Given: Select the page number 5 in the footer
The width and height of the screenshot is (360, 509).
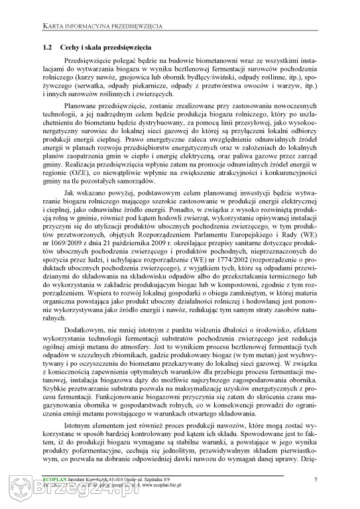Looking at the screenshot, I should tap(316, 479).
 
